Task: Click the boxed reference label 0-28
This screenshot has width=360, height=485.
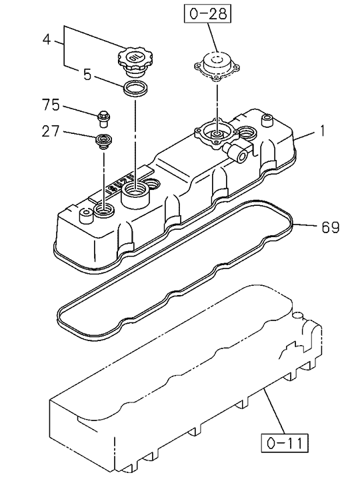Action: coord(208,14)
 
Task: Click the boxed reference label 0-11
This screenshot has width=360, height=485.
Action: coord(285,443)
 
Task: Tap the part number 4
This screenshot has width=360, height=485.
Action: coord(46,39)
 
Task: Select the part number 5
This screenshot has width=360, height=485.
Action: coord(87,75)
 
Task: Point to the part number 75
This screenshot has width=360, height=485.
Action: coord(51,105)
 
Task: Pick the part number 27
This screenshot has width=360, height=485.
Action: coord(51,131)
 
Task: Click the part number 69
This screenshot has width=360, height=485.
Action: coord(330,227)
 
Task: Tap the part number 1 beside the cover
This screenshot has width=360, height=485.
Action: coord(322,131)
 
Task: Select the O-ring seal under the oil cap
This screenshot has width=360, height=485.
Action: coord(135,89)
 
